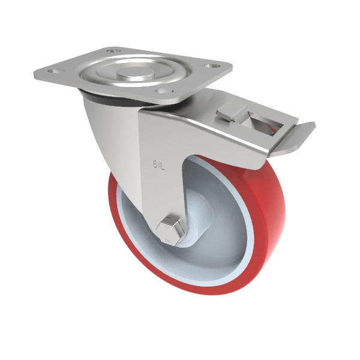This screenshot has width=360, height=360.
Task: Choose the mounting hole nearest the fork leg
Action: (x=160, y=91)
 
